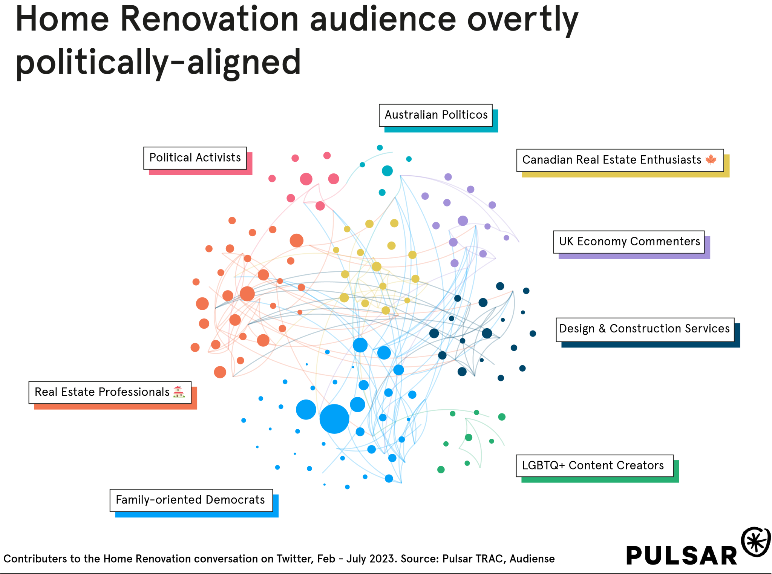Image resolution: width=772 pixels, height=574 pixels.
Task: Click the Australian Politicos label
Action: click(x=436, y=115)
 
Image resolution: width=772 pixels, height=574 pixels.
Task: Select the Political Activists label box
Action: click(x=195, y=158)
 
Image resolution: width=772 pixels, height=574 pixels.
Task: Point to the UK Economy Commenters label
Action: click(x=629, y=242)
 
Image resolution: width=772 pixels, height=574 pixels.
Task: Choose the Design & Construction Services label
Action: click(x=644, y=329)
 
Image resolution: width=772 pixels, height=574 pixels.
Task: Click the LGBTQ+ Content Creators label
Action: click(x=593, y=466)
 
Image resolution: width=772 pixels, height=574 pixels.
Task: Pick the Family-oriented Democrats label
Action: click(x=190, y=500)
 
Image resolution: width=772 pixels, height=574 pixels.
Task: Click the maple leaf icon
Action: click(x=711, y=160)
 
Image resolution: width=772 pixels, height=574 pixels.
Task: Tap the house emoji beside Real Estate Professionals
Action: click(x=179, y=392)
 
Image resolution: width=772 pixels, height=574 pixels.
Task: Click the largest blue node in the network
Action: click(x=334, y=419)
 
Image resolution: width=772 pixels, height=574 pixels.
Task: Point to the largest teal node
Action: click(x=387, y=171)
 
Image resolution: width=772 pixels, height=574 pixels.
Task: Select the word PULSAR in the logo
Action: click(x=682, y=556)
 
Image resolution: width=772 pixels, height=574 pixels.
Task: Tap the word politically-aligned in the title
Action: click(x=158, y=62)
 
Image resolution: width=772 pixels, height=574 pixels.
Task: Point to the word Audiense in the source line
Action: click(x=532, y=559)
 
